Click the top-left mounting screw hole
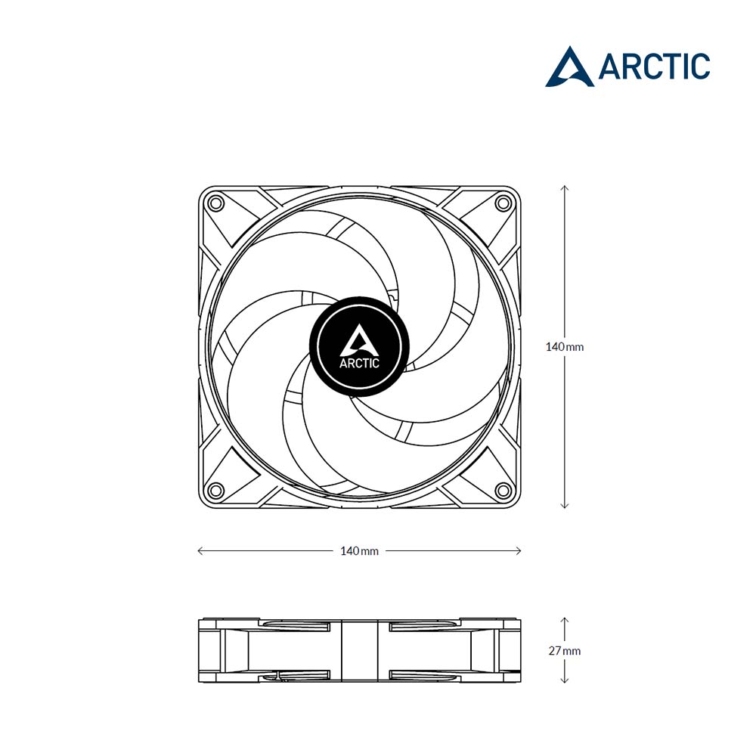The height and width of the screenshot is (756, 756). pyautogui.click(x=215, y=203)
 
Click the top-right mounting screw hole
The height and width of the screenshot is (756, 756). pyautogui.click(x=503, y=203)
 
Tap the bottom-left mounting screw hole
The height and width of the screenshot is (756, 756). pyautogui.click(x=215, y=491)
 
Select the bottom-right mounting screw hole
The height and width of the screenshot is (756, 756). pyautogui.click(x=503, y=491)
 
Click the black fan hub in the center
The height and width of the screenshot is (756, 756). pyautogui.click(x=359, y=346)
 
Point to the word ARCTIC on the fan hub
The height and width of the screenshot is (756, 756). pyautogui.click(x=359, y=363)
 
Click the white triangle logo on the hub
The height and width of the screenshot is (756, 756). pyautogui.click(x=359, y=339)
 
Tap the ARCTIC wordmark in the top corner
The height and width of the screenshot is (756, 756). pyautogui.click(x=654, y=67)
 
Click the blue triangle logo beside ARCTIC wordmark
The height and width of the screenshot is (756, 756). pyautogui.click(x=569, y=67)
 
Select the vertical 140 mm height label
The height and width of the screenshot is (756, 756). pyautogui.click(x=565, y=347)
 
